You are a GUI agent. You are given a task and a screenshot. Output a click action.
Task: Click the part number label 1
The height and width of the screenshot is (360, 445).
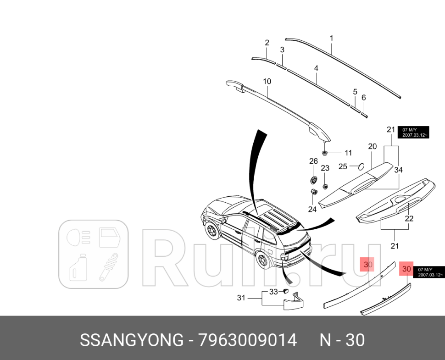click(331, 38)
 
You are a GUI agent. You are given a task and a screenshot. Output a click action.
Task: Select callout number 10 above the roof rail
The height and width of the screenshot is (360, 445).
click(267, 82)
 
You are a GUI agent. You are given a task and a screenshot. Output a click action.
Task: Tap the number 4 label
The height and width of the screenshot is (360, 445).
click(316, 68)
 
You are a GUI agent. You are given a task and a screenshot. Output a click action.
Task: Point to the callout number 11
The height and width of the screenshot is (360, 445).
click(348, 153)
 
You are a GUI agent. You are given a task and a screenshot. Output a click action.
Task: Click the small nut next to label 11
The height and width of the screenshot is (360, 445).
click(324, 153)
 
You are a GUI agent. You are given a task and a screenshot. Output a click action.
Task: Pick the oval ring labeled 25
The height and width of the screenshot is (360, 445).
click(360, 166)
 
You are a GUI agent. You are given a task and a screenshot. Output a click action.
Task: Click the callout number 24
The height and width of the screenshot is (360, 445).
click(312, 210)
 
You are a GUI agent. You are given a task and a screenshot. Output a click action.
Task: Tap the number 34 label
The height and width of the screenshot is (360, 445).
click(398, 170)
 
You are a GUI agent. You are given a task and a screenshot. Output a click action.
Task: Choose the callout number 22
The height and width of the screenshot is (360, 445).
click(409, 218)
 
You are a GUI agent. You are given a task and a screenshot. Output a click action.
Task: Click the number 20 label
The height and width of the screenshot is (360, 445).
click(372, 146)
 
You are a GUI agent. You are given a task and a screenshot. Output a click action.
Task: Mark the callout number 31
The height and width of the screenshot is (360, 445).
click(241, 298)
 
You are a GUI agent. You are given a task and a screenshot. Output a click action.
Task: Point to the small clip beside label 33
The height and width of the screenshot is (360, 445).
click(284, 291)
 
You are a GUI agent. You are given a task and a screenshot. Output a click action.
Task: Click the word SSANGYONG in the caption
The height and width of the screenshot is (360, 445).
click(131, 340)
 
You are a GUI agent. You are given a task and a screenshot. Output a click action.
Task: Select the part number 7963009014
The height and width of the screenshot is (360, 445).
click(248, 340)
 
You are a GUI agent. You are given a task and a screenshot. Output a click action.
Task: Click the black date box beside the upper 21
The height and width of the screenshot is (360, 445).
click(413, 132)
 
